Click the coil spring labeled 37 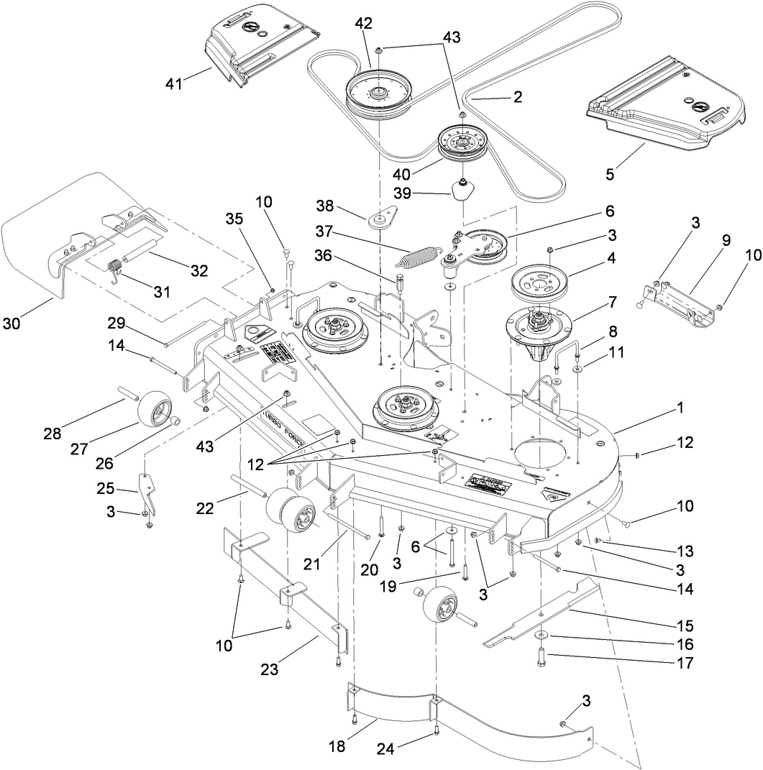tap(427, 255)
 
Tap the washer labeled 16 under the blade tap(539, 636)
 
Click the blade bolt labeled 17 tap(540, 656)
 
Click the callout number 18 tap(337, 746)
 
